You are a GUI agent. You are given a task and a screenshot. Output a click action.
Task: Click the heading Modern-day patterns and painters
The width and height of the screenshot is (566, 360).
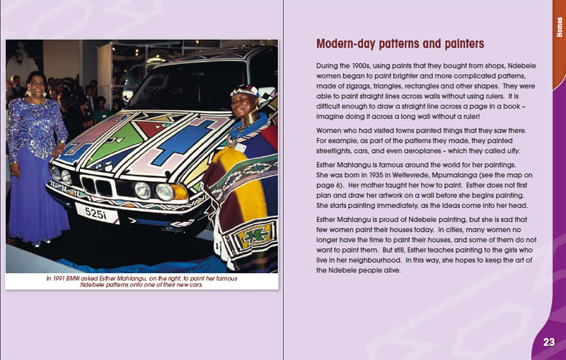click(x=400, y=44)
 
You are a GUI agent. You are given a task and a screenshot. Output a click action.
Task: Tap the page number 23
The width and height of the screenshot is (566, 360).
click(x=549, y=342)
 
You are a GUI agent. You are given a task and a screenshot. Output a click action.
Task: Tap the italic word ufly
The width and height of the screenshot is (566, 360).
click(x=513, y=151)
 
